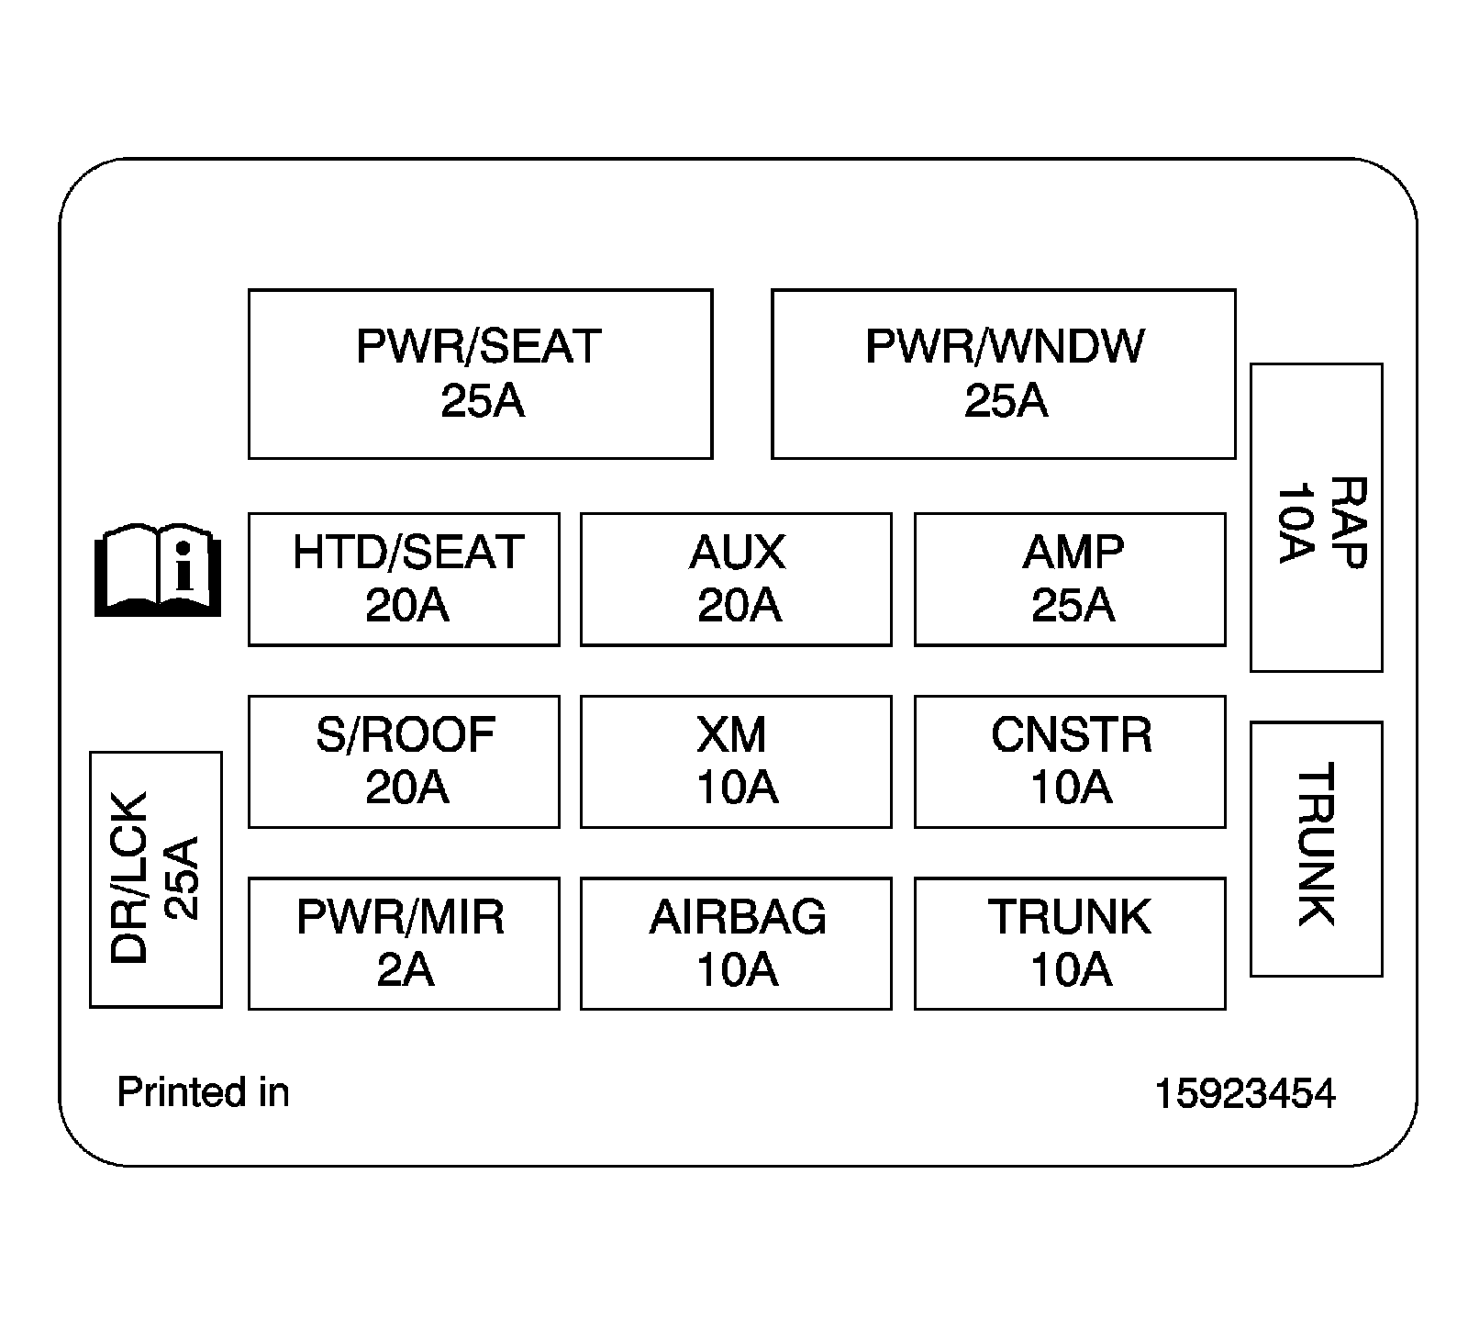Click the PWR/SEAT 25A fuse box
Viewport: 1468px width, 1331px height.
[x=480, y=374]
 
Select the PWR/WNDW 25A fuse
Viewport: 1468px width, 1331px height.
[x=1003, y=374]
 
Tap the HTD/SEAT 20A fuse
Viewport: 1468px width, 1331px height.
[x=404, y=579]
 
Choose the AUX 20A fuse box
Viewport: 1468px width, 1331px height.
[x=736, y=579]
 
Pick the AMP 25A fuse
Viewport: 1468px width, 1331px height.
[x=1070, y=579]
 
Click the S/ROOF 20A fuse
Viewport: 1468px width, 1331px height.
[x=404, y=761]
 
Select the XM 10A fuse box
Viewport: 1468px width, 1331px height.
[x=736, y=761]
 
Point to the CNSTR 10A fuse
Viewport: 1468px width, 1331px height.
[x=1070, y=761]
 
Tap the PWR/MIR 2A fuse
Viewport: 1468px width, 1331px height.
[x=404, y=943]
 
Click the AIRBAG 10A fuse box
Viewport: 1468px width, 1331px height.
[x=736, y=943]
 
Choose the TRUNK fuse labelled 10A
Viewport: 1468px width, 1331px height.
[x=1070, y=943]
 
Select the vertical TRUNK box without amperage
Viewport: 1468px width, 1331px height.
[x=1316, y=848]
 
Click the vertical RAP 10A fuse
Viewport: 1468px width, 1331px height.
[x=1316, y=518]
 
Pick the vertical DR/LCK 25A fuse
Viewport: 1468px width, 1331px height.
[x=156, y=878]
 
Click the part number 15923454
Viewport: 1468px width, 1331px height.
[x=1244, y=1093]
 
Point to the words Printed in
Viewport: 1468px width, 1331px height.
[x=203, y=1092]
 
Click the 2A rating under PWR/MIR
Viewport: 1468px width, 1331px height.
[x=405, y=970]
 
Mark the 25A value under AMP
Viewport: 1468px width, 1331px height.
[x=1072, y=606]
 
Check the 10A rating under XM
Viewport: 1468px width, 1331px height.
[x=737, y=789]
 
